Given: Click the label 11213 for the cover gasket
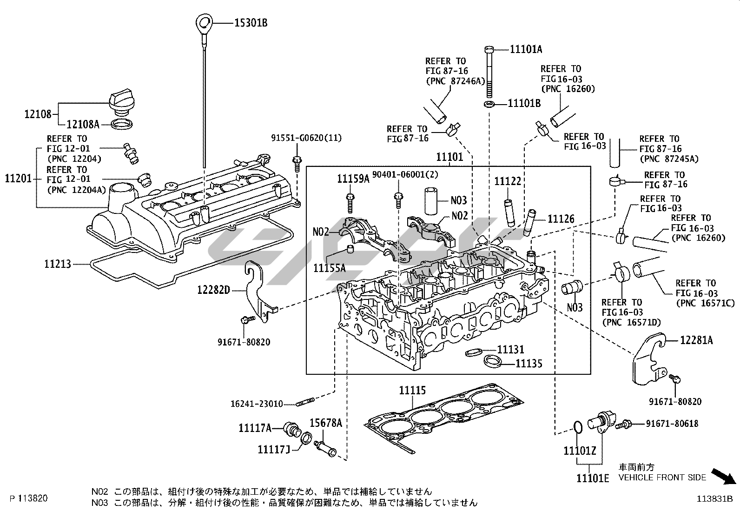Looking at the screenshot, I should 58,264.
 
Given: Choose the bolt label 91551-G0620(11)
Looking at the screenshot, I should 306,138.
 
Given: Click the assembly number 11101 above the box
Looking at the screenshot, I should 449,157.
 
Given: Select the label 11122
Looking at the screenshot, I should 508,181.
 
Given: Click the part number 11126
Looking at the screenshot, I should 561,219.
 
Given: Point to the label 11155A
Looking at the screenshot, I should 330,268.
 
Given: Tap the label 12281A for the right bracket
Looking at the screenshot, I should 696,340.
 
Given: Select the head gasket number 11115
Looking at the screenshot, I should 412,391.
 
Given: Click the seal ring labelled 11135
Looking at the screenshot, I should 492,361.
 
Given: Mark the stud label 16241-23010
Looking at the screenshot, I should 257,404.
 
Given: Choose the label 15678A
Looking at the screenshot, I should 326,423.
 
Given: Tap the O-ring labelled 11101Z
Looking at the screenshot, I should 577,427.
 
